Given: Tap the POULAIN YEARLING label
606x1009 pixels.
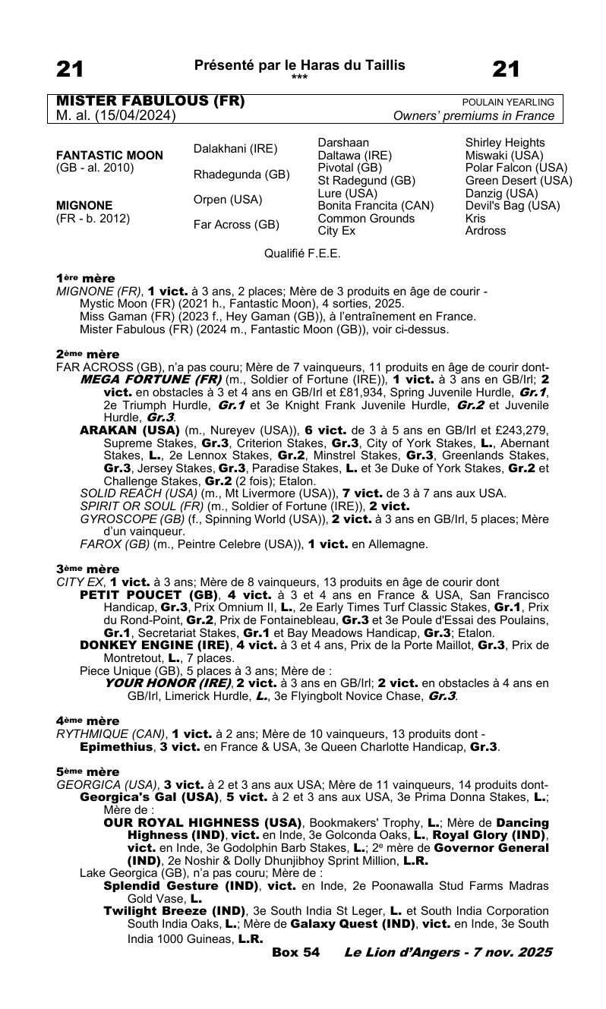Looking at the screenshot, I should point(508,102).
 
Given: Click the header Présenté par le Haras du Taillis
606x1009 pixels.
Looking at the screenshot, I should point(299,65).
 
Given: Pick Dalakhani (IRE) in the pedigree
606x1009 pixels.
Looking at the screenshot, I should point(235,149).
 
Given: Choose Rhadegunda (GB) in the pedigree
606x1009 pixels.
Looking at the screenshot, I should point(241,175).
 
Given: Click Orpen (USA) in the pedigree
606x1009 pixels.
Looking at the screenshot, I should point(228,200).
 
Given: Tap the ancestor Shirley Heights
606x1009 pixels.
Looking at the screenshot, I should point(505,143).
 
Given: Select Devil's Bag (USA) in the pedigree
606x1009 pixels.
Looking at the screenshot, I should point(513,206).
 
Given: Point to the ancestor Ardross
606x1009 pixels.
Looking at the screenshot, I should point(485,231).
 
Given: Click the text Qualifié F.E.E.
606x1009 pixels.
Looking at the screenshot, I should point(302,254).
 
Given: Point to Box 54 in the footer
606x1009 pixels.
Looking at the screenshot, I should point(295,952).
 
